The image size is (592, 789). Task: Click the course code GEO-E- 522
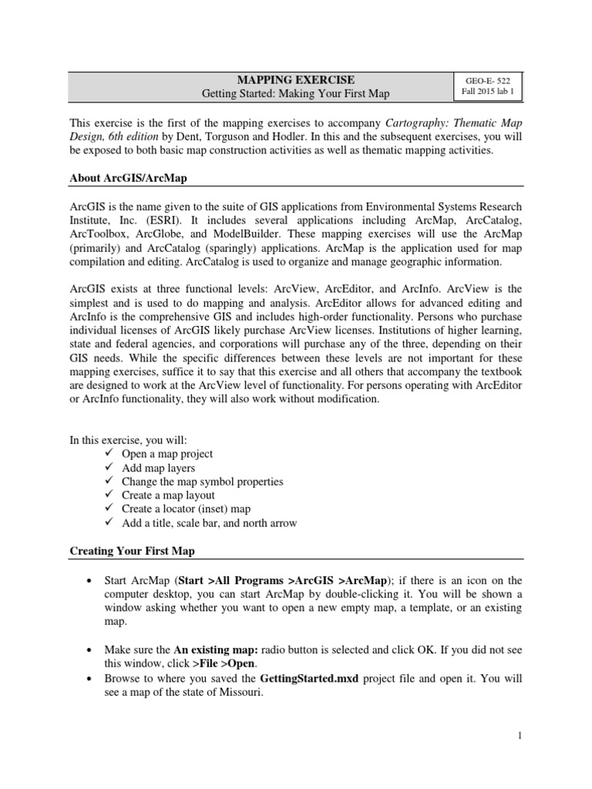(487, 80)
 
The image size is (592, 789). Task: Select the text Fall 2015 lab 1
(487, 93)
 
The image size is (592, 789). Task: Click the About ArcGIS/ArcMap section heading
(129, 179)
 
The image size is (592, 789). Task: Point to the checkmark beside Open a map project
(109, 454)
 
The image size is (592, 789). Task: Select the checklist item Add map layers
(158, 468)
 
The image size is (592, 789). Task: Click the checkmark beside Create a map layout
(109, 495)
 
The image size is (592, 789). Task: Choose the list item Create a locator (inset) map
(186, 509)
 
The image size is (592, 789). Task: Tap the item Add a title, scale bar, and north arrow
(209, 523)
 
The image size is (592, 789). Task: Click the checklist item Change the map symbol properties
(202, 482)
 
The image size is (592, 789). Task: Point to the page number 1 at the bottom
(520, 737)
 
